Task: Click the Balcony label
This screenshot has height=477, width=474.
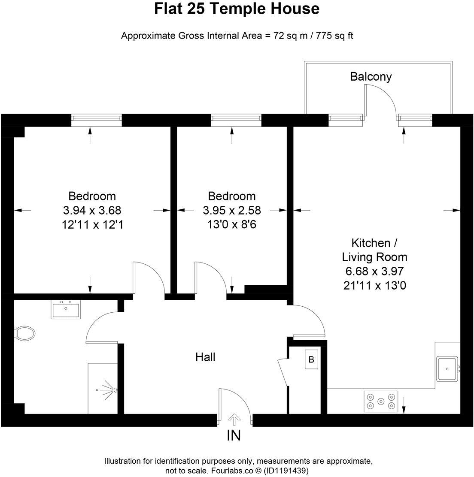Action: pyautogui.click(x=371, y=77)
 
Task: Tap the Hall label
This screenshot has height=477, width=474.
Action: pyautogui.click(x=205, y=357)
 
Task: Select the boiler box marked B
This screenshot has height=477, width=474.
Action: pyautogui.click(x=312, y=359)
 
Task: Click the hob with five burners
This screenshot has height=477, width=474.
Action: pyautogui.click(x=381, y=402)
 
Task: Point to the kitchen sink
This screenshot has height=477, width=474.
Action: pyautogui.click(x=447, y=368)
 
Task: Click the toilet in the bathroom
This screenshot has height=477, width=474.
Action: pyautogui.click(x=24, y=332)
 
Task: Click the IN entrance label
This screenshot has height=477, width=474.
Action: pyautogui.click(x=234, y=436)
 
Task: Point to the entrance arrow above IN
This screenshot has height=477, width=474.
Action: pyautogui.click(x=234, y=419)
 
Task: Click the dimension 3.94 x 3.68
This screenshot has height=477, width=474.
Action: pyautogui.click(x=92, y=210)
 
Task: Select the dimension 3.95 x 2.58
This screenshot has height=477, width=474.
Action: pyautogui.click(x=232, y=210)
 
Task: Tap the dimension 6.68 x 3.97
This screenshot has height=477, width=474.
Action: pyautogui.click(x=374, y=271)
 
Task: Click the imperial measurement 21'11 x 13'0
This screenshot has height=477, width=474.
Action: pyautogui.click(x=374, y=285)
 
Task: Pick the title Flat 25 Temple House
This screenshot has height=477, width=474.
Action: pyautogui.click(x=237, y=9)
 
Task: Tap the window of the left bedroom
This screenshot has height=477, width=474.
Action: pyautogui.click(x=96, y=121)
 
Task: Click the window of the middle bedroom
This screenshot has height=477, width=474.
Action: pyautogui.click(x=236, y=121)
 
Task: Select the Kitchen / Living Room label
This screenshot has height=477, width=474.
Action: pyautogui.click(x=374, y=250)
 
